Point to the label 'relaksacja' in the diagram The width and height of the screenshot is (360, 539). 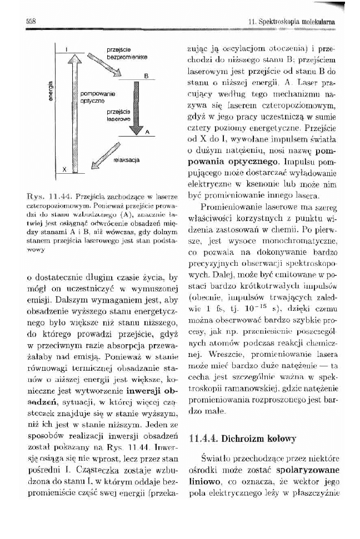pos(126,160)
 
